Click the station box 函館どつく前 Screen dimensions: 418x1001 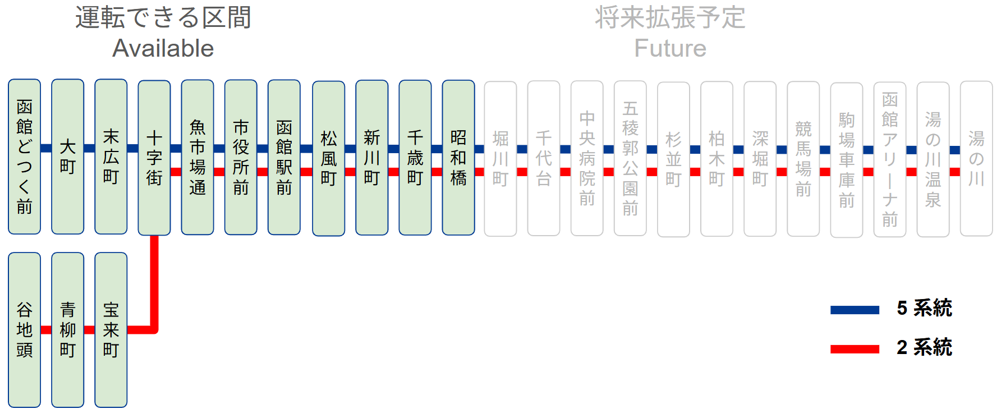(24, 157)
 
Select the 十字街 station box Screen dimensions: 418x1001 (154, 158)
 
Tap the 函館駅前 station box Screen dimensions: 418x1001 (284, 157)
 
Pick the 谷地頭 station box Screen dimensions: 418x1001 (24, 329)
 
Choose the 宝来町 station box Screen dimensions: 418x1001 (111, 329)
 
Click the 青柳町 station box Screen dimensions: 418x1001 (67, 329)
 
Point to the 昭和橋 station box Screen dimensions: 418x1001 (458, 157)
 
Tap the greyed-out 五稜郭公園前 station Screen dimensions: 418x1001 (630, 158)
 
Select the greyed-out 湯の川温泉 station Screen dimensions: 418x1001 (933, 159)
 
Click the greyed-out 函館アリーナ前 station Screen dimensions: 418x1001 (890, 159)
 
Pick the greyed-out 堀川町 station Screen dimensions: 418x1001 (500, 158)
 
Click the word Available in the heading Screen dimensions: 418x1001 (163, 48)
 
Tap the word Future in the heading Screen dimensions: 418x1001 (670, 48)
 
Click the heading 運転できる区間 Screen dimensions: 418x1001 (163, 18)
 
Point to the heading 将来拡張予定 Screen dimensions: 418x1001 (670, 18)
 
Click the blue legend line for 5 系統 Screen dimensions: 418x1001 (855, 310)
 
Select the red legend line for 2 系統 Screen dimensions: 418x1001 (855, 349)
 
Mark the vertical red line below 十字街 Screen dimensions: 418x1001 (154, 281)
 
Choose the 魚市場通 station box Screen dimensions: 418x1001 (198, 157)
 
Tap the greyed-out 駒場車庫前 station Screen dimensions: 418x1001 (847, 159)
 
